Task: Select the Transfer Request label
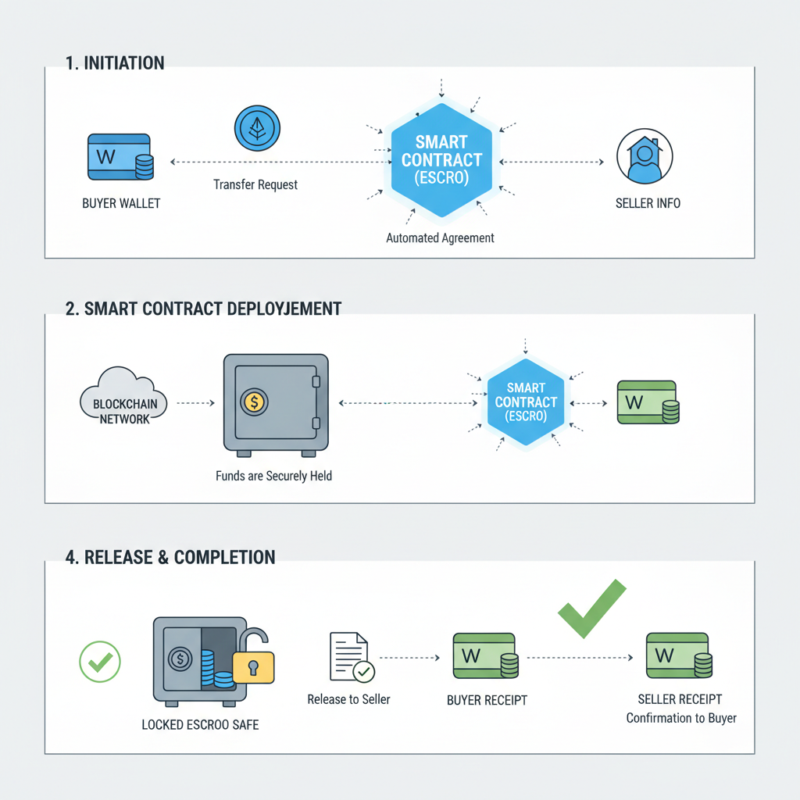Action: [255, 185]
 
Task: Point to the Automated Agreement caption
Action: [440, 237]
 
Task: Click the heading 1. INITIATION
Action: [115, 63]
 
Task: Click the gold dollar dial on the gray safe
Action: [254, 402]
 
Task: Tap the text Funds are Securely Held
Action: [273, 475]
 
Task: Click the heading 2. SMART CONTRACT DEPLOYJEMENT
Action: [203, 309]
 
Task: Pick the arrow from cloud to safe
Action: [195, 403]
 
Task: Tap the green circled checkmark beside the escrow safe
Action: [100, 662]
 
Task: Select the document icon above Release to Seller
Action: [350, 657]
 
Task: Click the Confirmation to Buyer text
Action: [681, 717]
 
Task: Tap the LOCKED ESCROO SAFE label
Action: [200, 725]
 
